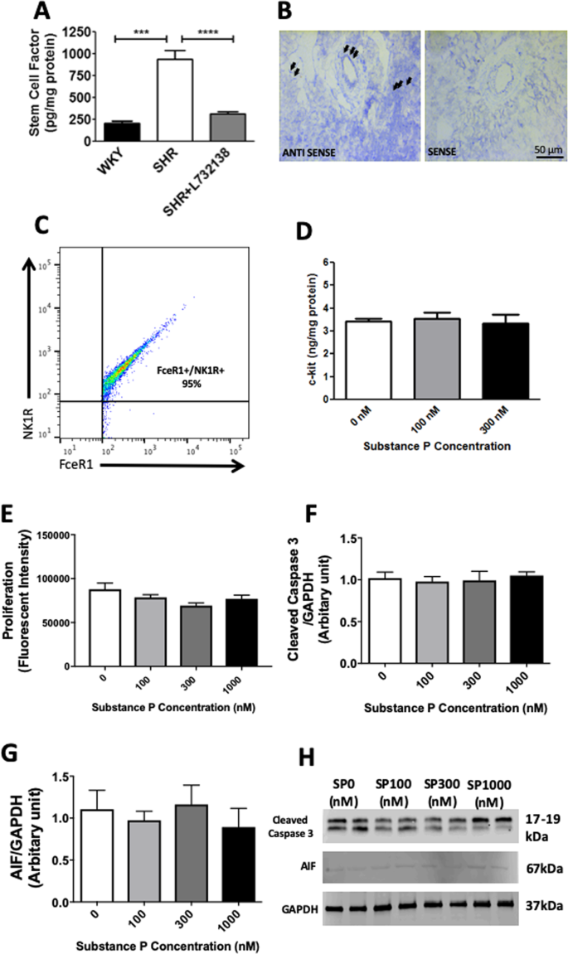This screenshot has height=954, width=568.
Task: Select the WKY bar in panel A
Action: [122, 132]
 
